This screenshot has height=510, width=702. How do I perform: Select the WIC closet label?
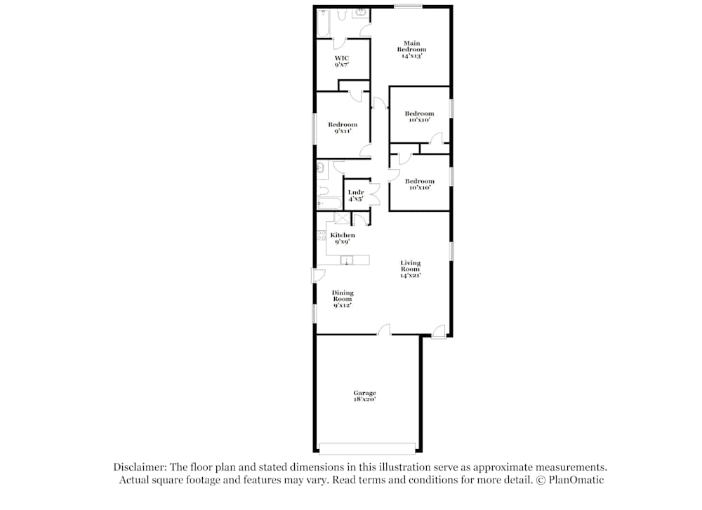[342, 58]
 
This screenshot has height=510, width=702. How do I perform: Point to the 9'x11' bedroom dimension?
[343, 131]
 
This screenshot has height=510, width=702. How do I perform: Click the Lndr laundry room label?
[356, 192]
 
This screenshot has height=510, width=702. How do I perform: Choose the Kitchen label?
[343, 235]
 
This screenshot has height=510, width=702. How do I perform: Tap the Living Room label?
[411, 266]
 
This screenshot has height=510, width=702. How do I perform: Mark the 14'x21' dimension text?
[411, 276]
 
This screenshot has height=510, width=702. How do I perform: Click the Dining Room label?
[343, 296]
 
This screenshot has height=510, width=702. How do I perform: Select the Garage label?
[364, 393]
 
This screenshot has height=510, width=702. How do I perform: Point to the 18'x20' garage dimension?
[364, 399]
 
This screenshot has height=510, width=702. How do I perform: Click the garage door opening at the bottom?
[366, 448]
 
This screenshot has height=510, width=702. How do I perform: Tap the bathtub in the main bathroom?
[324, 23]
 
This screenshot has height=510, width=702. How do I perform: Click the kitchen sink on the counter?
[345, 261]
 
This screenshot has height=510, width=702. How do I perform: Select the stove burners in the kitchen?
[322, 236]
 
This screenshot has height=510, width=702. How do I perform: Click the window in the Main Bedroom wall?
[407, 7]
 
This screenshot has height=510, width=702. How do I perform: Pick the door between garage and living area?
[384, 330]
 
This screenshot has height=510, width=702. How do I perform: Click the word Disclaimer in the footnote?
[136, 467]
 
